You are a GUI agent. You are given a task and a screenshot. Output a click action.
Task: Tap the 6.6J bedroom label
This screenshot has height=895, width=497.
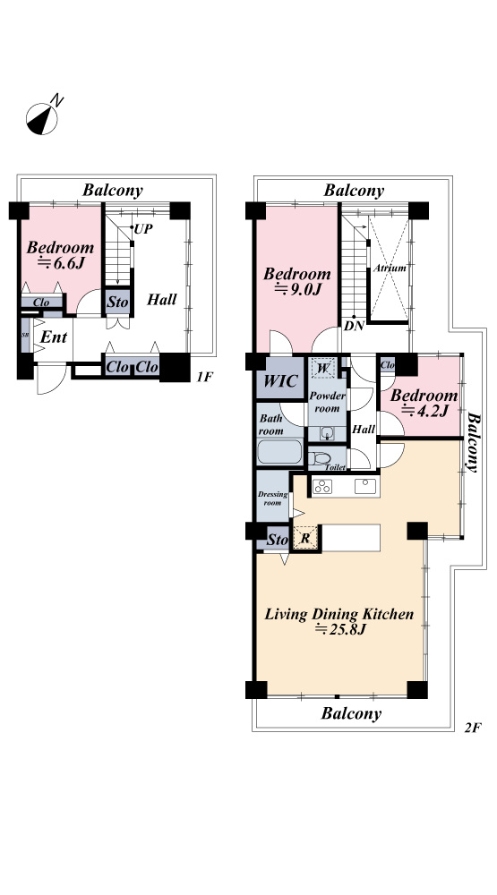pos(61,254)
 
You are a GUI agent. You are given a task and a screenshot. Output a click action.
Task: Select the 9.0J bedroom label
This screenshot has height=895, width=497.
pos(297,281)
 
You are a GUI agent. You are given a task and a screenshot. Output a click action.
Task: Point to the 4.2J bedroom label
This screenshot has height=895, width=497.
pos(424,403)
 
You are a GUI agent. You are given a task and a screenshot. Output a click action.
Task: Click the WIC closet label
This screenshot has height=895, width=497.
pos(280,380)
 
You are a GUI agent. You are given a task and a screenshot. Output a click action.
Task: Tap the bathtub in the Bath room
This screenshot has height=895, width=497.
pos(280,452)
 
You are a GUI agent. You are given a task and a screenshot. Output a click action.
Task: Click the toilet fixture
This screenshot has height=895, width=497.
pos(320,458)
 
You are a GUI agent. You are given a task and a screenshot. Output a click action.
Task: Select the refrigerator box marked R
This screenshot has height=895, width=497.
pos(305,538)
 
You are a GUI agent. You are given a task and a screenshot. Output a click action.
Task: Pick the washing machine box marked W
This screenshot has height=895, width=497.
pos(322,368)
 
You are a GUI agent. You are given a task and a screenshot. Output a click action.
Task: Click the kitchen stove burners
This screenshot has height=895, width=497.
pos(322,486)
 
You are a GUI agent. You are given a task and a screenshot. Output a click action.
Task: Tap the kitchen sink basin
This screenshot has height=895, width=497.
pos(364,486)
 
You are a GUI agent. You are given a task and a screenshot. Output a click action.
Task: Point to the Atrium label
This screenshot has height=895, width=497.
pos(390,268)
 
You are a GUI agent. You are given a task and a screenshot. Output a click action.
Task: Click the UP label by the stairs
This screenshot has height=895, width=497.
pos(142,229)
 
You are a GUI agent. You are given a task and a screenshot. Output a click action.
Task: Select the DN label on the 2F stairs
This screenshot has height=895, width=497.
pos(355,328)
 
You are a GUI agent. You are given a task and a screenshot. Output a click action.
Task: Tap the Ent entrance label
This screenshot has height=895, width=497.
pos(54,337)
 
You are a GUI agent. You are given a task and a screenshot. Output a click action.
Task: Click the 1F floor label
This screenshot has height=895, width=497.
pos(204,377)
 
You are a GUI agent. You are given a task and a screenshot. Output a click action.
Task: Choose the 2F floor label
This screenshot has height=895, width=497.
pos(473,728)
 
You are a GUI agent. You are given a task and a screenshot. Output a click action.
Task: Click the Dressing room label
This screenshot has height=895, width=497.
pos(272,499)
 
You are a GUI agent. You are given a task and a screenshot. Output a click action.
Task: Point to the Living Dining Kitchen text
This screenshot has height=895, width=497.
pos(338,614)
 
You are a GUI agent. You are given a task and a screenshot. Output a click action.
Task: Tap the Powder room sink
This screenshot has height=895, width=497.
pos(326,433)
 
